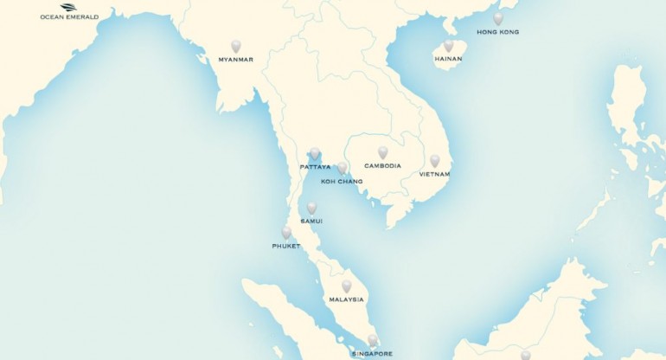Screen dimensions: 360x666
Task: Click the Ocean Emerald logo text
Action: (x=69, y=16)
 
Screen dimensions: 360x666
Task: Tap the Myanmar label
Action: (x=236, y=60)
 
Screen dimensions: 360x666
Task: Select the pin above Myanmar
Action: (x=236, y=46)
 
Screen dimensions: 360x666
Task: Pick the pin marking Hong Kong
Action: (x=497, y=18)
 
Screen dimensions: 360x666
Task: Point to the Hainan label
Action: (x=448, y=59)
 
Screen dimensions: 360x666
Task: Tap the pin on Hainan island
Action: (x=448, y=46)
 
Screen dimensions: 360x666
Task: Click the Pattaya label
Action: (x=316, y=166)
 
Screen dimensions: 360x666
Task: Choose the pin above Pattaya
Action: (x=315, y=153)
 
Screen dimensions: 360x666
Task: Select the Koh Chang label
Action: (x=342, y=181)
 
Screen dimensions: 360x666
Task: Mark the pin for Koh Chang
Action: (x=343, y=167)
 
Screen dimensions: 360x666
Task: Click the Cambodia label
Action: (x=382, y=165)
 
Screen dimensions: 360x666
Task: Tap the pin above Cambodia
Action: (x=382, y=152)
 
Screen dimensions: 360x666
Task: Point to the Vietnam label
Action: (x=434, y=174)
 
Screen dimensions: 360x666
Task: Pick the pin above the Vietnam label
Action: (x=434, y=160)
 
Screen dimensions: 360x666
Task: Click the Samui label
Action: (x=311, y=222)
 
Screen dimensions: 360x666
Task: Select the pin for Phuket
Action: (x=286, y=232)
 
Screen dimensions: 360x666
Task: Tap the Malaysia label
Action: (x=346, y=299)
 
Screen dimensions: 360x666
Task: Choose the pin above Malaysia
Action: (x=346, y=286)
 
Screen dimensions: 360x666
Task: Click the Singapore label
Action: (x=372, y=353)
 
